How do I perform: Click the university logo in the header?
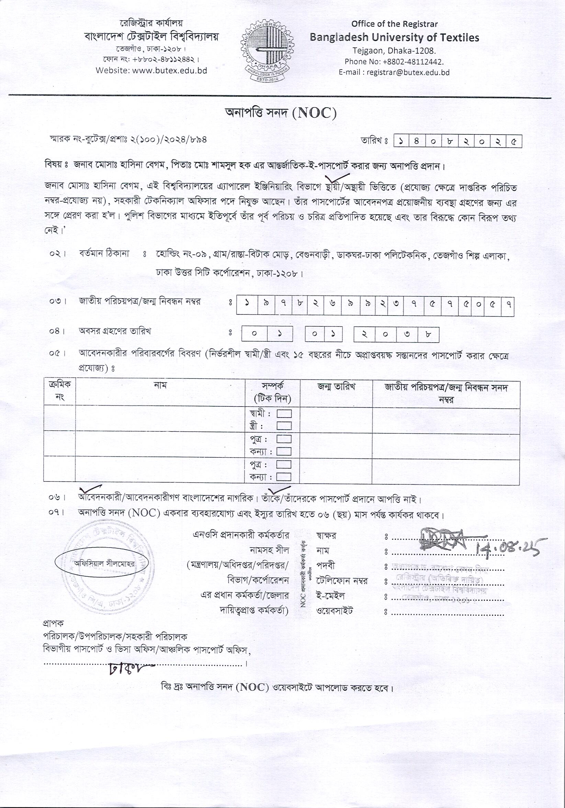(266, 50)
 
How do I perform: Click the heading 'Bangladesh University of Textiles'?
(394, 37)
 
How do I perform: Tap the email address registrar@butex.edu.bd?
(408, 73)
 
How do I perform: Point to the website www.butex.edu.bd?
(169, 70)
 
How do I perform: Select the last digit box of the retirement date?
(428, 334)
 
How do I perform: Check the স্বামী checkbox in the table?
(284, 413)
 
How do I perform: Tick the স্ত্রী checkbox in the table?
(284, 426)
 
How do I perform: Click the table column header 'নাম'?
(160, 386)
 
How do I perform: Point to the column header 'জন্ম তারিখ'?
(336, 387)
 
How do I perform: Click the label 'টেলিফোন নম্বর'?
(342, 581)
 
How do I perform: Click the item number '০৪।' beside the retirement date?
(58, 331)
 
